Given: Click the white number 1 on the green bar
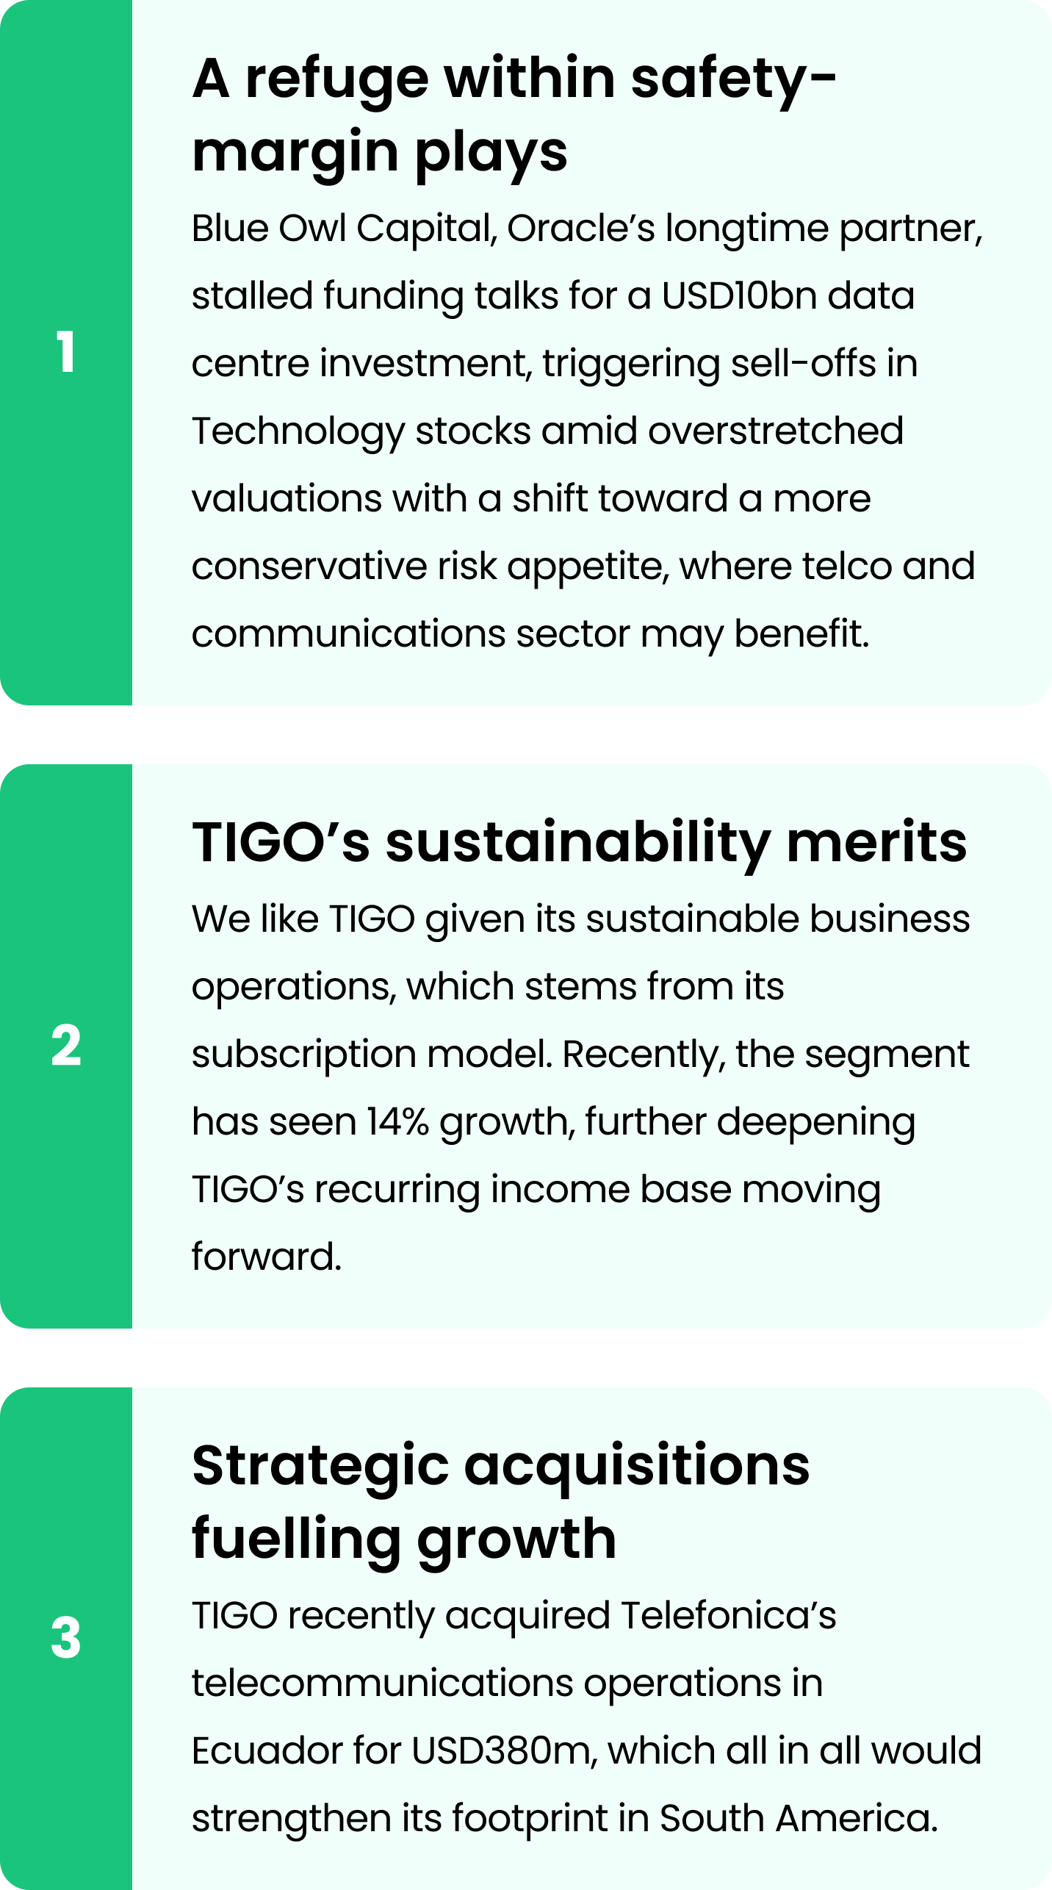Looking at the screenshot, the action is (65, 351).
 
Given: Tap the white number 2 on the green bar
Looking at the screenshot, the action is (66, 1045).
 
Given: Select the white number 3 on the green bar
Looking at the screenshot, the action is (66, 1638).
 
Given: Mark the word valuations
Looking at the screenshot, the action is (287, 498).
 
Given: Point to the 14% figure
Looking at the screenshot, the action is (397, 1121).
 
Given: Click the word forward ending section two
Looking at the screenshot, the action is (267, 1257).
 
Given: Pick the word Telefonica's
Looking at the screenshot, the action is (729, 1615).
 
